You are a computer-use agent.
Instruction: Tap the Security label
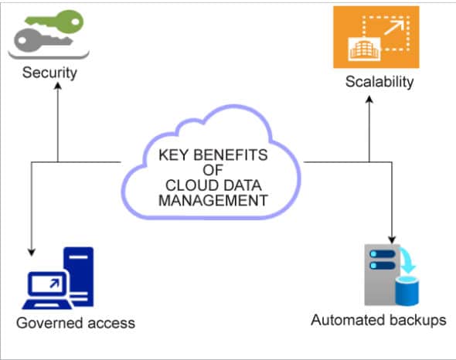click(49, 74)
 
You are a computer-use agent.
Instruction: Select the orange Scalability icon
click(376, 36)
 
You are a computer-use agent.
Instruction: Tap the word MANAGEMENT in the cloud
click(213, 199)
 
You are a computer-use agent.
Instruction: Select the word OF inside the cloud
click(213, 170)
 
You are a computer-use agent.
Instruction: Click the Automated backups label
click(378, 320)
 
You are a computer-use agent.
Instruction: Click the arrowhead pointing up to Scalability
click(369, 97)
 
